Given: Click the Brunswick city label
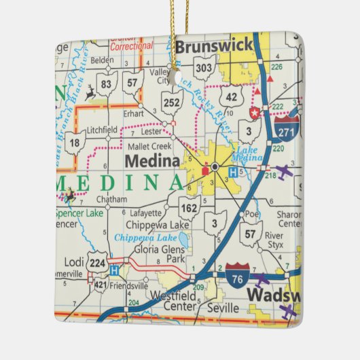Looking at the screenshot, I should point(214,47).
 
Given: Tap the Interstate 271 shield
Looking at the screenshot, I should point(287,130).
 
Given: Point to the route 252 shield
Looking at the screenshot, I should point(172,103).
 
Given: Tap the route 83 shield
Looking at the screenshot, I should point(106,84).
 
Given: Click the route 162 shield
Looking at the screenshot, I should point(189,206).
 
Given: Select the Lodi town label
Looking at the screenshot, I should point(73,261).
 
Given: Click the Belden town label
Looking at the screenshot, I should point(102,60).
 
